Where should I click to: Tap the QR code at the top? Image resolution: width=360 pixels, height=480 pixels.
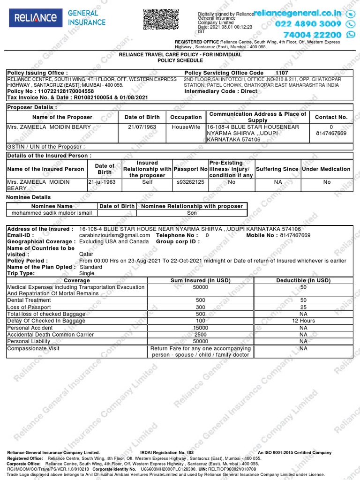coord(161,19)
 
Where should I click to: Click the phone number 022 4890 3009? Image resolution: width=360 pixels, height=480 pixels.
coord(308,24)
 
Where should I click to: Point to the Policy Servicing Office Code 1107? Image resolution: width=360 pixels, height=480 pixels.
coord(282,73)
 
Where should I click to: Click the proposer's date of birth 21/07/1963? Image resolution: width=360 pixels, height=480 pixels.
coord(142,127)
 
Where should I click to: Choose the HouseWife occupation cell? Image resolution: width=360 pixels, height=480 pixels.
coord(186,127)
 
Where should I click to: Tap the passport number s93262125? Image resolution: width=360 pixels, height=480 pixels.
coord(190,182)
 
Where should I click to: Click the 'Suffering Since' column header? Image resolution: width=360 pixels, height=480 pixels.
coord(277,169)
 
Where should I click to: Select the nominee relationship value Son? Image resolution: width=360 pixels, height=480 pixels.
coord(192,213)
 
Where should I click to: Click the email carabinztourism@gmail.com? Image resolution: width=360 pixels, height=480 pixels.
coord(115,235)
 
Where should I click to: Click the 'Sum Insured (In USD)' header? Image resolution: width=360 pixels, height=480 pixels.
coord(201,280)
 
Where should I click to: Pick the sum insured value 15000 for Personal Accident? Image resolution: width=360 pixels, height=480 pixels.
coord(201,328)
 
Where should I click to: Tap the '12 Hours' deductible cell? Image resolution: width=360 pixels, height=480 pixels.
coord(303,321)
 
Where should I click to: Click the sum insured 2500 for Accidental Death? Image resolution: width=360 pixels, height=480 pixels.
coord(201,335)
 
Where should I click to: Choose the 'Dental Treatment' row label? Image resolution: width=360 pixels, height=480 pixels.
coord(29,300)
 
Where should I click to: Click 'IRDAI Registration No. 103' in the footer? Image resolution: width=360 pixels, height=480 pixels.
coord(167,453)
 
